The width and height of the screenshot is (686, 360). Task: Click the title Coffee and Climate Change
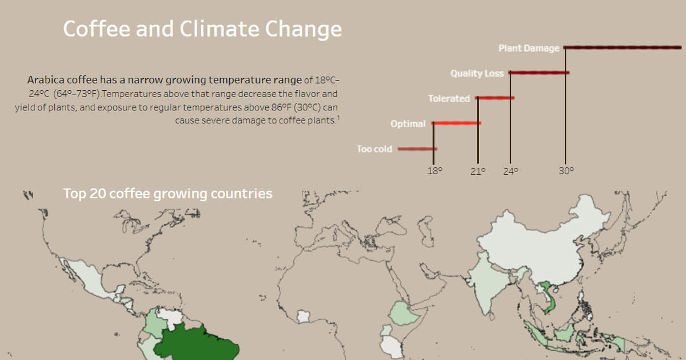[x=202, y=29]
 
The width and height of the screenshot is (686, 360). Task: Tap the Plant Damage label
[x=529, y=48]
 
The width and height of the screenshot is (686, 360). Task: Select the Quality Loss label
[x=477, y=73]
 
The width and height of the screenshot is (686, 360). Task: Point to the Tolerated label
[x=449, y=98]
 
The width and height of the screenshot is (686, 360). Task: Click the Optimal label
[x=408, y=123]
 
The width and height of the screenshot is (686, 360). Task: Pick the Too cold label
[x=374, y=149]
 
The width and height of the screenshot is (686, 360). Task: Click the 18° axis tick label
[x=435, y=170]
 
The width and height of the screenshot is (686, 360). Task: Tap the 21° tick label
[x=478, y=170]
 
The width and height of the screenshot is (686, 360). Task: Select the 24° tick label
[x=510, y=170]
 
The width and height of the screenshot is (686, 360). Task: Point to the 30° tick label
[x=566, y=170]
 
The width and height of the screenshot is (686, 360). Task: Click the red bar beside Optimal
[x=456, y=123]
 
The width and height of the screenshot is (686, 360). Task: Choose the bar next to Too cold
[x=417, y=149]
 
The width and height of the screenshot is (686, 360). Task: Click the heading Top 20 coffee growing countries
[x=167, y=194]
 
